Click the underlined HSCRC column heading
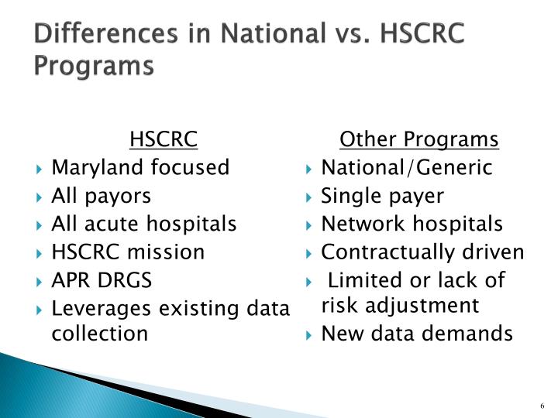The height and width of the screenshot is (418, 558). (x=164, y=139)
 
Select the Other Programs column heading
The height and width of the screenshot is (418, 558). (x=419, y=139)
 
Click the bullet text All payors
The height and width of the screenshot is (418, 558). (x=101, y=196)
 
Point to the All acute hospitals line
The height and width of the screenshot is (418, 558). (x=143, y=224)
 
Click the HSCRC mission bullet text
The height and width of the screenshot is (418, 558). (x=128, y=252)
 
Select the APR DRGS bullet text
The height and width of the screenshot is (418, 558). (x=102, y=280)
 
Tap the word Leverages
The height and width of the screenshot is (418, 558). (x=103, y=309)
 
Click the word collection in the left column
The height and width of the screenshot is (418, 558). (x=98, y=334)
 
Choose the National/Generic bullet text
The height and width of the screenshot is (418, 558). (x=407, y=167)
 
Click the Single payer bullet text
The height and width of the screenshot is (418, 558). (x=383, y=196)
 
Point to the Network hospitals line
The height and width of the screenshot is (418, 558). (x=412, y=224)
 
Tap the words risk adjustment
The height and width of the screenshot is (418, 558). (x=401, y=305)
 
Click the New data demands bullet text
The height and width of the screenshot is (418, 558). (x=417, y=334)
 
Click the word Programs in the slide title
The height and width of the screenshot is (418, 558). (x=93, y=66)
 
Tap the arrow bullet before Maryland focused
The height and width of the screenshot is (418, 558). (x=40, y=168)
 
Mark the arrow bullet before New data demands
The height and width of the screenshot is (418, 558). (x=309, y=334)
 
